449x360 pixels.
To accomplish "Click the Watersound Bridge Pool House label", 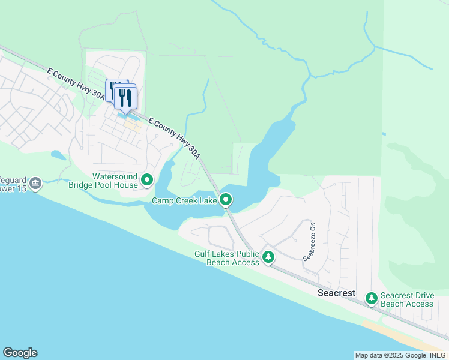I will tap(115, 181).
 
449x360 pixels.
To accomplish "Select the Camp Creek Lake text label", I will tap(184, 201).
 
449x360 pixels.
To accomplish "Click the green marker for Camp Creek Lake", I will tap(226, 199).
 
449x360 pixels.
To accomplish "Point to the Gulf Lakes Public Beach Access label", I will tap(226, 259).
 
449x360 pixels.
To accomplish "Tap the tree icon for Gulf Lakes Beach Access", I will tap(268, 257).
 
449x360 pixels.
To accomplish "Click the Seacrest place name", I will tap(336, 293).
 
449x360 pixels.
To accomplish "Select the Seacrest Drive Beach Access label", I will tap(406, 300).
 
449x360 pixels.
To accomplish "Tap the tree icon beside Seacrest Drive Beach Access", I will tap(372, 298).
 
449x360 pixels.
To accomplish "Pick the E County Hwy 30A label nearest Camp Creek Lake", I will tap(174, 138).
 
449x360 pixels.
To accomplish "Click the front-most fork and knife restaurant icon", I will tap(125, 98).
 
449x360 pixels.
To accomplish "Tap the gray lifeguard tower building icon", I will tap(35, 182).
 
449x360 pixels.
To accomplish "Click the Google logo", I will tap(20, 353).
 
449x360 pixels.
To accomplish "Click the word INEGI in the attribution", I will tap(436, 355).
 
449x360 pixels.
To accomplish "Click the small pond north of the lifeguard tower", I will tap(58, 155).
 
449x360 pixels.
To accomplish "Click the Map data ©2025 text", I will tap(378, 355).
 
